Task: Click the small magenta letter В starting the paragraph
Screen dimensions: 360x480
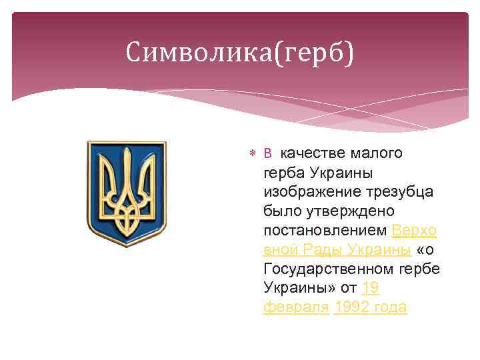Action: [x=267, y=154]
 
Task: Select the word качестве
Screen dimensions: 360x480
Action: [x=310, y=153]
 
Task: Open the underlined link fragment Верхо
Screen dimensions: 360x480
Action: [x=414, y=231]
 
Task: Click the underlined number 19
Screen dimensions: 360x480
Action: [x=371, y=289]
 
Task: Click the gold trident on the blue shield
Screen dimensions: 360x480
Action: [x=126, y=192]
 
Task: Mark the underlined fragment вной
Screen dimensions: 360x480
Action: [x=281, y=250]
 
